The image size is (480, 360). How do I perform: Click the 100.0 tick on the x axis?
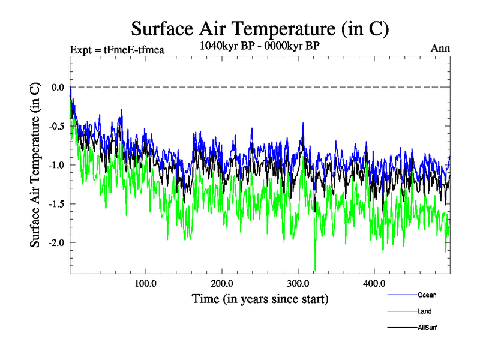tap(146, 283)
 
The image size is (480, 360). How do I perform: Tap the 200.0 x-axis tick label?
tap(222, 283)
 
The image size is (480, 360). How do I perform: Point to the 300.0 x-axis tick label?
tap(298, 283)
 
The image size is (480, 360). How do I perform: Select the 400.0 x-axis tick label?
tap(374, 283)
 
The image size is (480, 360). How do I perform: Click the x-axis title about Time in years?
tap(260, 298)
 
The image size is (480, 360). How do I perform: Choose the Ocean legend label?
tap(427, 295)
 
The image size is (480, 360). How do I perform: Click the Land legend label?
tap(424, 311)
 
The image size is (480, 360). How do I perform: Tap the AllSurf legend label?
tap(427, 328)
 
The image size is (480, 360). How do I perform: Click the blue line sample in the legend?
tap(401, 295)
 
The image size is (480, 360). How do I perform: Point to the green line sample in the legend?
tap(401, 311)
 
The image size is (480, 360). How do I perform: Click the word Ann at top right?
tap(440, 49)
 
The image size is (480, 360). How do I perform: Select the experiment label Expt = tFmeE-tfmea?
tap(117, 49)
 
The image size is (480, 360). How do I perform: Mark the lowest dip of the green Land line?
tap(315, 269)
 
